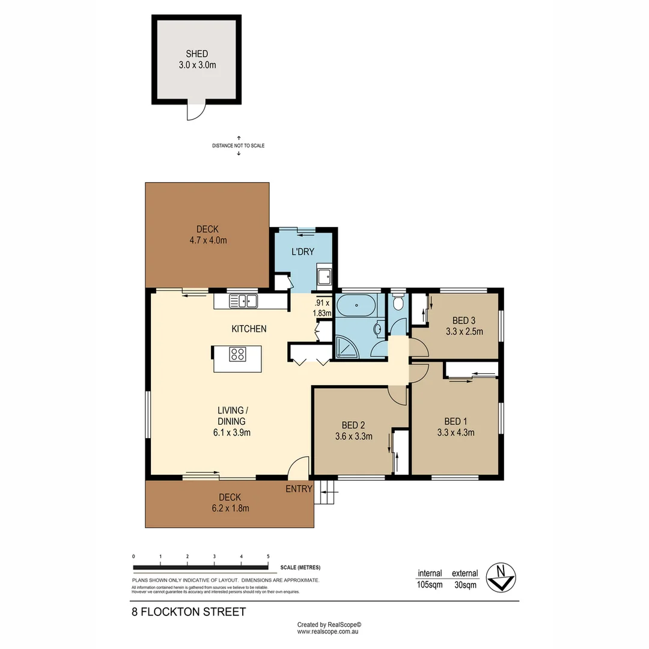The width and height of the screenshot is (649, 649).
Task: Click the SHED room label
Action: click(x=197, y=54)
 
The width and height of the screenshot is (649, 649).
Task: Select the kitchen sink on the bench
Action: click(x=243, y=300)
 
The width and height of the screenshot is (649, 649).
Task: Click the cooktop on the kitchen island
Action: click(x=237, y=355)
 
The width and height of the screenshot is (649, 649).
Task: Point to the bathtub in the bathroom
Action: click(x=357, y=305)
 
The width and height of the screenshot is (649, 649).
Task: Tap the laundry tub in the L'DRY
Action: click(x=324, y=277)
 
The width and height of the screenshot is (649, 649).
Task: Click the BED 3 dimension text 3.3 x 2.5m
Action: click(x=465, y=331)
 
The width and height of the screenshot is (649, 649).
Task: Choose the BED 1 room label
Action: click(x=455, y=421)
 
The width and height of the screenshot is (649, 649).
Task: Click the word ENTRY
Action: click(x=299, y=489)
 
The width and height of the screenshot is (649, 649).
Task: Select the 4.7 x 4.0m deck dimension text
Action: click(x=207, y=240)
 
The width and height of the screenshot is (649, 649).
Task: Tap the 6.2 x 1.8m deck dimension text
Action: click(x=230, y=508)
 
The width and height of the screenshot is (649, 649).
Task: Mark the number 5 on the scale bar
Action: click(x=268, y=557)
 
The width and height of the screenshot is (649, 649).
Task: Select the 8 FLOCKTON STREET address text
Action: click(x=189, y=612)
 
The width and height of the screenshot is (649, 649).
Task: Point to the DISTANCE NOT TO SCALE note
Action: click(x=238, y=145)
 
